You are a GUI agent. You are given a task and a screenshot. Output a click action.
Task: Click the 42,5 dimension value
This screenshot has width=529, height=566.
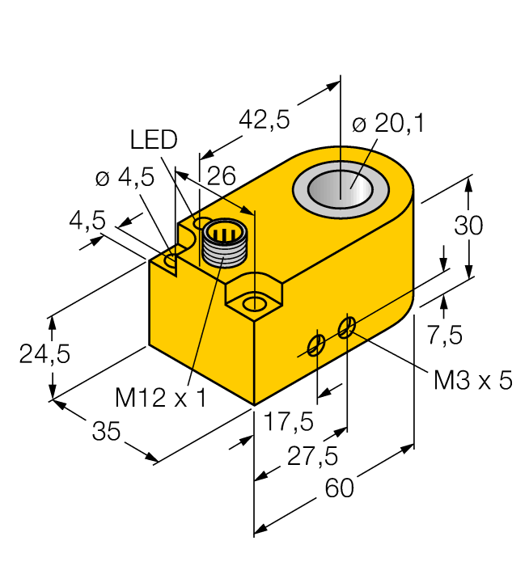tap(264, 120)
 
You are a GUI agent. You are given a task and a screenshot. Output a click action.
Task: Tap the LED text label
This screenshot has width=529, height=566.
tap(154, 140)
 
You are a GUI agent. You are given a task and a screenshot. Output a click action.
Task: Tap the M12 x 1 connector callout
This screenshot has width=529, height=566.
tap(160, 397)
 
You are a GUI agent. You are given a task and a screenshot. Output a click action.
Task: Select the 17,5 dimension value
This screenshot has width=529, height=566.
tap(283, 421)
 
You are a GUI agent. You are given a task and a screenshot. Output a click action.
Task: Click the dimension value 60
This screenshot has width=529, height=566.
tap(339, 488)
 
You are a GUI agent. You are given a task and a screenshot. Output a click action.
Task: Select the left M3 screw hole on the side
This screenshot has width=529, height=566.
tap(315, 345)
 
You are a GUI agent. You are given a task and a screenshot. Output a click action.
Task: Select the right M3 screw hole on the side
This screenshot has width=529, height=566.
tap(346, 327)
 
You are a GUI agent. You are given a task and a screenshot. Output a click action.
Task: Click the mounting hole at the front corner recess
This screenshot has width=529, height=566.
tap(255, 304)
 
